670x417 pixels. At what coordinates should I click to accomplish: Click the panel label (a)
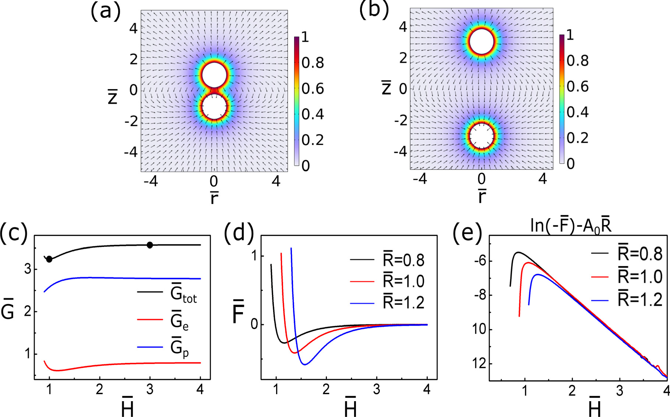coord(105,11)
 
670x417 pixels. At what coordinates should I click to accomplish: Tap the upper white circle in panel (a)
coord(214,75)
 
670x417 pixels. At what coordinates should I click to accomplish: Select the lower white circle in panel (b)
coord(481,136)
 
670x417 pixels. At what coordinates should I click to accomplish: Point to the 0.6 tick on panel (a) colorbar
coord(313,89)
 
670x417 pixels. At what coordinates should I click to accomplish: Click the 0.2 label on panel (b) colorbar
coord(578,138)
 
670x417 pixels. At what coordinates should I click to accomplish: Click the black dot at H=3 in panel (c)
coord(149,245)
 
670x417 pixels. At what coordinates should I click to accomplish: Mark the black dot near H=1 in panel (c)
coord(49,259)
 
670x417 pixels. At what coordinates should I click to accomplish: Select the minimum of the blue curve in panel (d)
coord(304,364)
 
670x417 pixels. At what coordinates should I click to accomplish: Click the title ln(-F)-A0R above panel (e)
coord(571,225)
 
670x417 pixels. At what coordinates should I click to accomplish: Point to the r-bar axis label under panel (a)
coord(214,197)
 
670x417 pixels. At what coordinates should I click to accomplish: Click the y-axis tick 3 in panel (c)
coord(28,269)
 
